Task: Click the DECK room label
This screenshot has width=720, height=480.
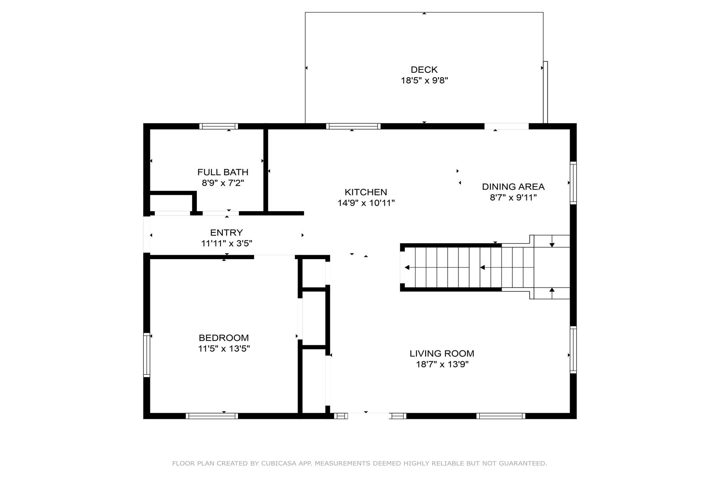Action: click(424, 70)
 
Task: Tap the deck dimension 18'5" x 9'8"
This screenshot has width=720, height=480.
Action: click(424, 80)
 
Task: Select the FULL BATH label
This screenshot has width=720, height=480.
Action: click(223, 172)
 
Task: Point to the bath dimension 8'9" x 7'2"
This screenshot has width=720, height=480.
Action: click(223, 183)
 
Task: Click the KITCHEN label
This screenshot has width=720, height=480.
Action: click(366, 192)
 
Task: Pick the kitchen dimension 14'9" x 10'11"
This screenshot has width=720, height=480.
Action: click(366, 203)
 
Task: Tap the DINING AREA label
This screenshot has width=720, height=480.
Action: click(513, 187)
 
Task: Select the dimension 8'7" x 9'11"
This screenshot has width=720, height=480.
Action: click(513, 198)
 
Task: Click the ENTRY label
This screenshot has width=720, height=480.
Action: click(226, 233)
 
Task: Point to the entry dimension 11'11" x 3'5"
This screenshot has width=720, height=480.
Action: click(226, 244)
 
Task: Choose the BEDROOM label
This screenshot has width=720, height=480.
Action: click(224, 338)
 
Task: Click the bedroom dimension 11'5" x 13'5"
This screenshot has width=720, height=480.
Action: click(224, 349)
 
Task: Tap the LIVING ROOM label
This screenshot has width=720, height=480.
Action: click(442, 354)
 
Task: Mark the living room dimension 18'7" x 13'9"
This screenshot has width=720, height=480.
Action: click(442, 364)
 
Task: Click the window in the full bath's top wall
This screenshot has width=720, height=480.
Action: click(219, 126)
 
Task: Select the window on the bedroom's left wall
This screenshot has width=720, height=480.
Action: click(147, 355)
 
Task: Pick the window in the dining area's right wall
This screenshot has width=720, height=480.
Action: click(573, 183)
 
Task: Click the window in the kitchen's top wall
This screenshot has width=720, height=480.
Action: click(353, 126)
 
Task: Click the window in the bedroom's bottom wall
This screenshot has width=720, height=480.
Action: click(212, 416)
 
